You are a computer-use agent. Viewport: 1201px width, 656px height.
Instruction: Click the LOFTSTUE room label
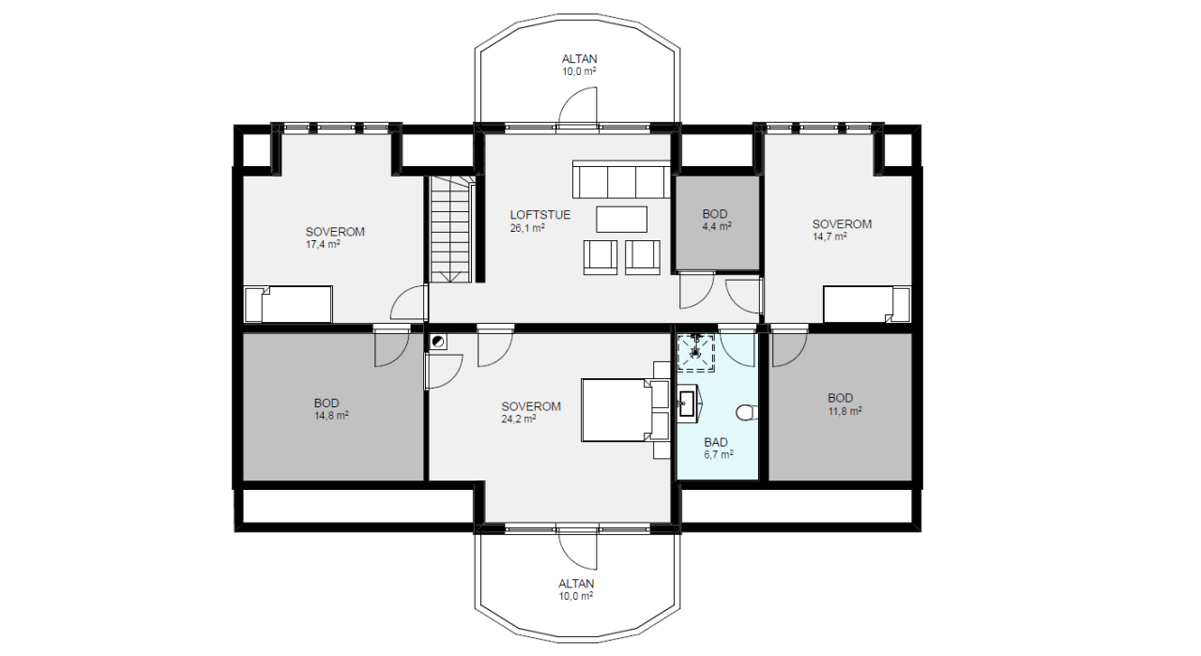[540, 215]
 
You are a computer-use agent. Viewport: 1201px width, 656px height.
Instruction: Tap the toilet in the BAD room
[746, 413]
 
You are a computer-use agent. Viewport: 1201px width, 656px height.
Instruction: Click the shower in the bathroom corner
[696, 353]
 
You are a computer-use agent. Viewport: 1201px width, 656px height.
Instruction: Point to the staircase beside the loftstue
[451, 230]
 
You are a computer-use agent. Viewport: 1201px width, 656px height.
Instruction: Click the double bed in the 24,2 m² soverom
[625, 410]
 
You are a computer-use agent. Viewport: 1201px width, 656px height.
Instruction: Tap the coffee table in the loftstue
[621, 220]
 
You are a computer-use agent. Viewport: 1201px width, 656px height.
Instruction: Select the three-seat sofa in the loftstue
[621, 179]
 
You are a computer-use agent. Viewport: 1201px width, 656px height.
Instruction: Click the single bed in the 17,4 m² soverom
[288, 304]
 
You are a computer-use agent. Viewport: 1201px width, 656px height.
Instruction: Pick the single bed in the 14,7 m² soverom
[866, 305]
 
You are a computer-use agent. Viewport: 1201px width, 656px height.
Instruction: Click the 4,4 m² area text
[717, 226]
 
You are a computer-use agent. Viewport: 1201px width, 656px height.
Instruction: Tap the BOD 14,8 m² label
[331, 409]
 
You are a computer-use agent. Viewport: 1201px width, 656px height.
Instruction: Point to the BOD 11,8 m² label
[844, 404]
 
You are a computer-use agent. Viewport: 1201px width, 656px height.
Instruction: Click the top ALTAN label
[579, 59]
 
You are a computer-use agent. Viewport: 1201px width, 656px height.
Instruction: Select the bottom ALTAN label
[576, 584]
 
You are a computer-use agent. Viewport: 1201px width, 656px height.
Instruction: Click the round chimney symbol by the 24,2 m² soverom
[438, 342]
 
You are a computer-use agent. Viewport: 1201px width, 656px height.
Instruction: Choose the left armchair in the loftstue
[600, 257]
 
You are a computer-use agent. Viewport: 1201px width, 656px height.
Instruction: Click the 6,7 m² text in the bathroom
[719, 455]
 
